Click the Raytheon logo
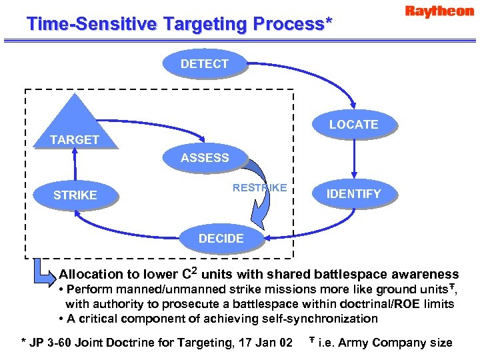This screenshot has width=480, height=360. pyautogui.click(x=439, y=11)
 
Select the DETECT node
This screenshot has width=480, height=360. pyautogui.click(x=205, y=64)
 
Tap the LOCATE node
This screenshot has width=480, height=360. pyautogui.click(x=353, y=125)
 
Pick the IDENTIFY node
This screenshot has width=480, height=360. pyautogui.click(x=354, y=194)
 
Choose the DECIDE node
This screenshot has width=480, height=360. pyautogui.click(x=221, y=239)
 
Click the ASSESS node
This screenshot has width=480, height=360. pyautogui.click(x=205, y=158)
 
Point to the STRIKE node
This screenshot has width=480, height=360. pyautogui.click(x=75, y=195)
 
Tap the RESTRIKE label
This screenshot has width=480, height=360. pyautogui.click(x=259, y=187)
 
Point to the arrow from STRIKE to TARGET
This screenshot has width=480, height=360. pyautogui.click(x=75, y=167)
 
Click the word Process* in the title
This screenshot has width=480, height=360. pyautogui.click(x=292, y=24)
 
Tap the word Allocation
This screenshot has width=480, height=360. pyautogui.click(x=91, y=274)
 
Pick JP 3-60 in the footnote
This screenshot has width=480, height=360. pyautogui.click(x=51, y=343)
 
